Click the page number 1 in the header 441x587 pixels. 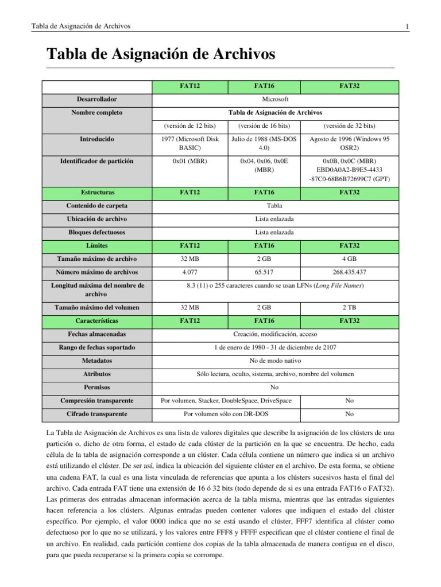click(x=407, y=26)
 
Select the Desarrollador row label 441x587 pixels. click(x=96, y=100)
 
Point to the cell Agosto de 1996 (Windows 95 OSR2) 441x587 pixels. click(x=349, y=143)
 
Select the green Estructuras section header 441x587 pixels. click(x=96, y=192)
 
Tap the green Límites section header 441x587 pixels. click(x=96, y=245)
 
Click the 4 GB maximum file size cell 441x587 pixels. click(x=349, y=259)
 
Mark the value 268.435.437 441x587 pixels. click(x=349, y=272)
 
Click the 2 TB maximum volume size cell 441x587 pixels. click(x=349, y=308)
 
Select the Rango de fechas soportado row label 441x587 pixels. click(x=96, y=347)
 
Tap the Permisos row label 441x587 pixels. click(x=96, y=388)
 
